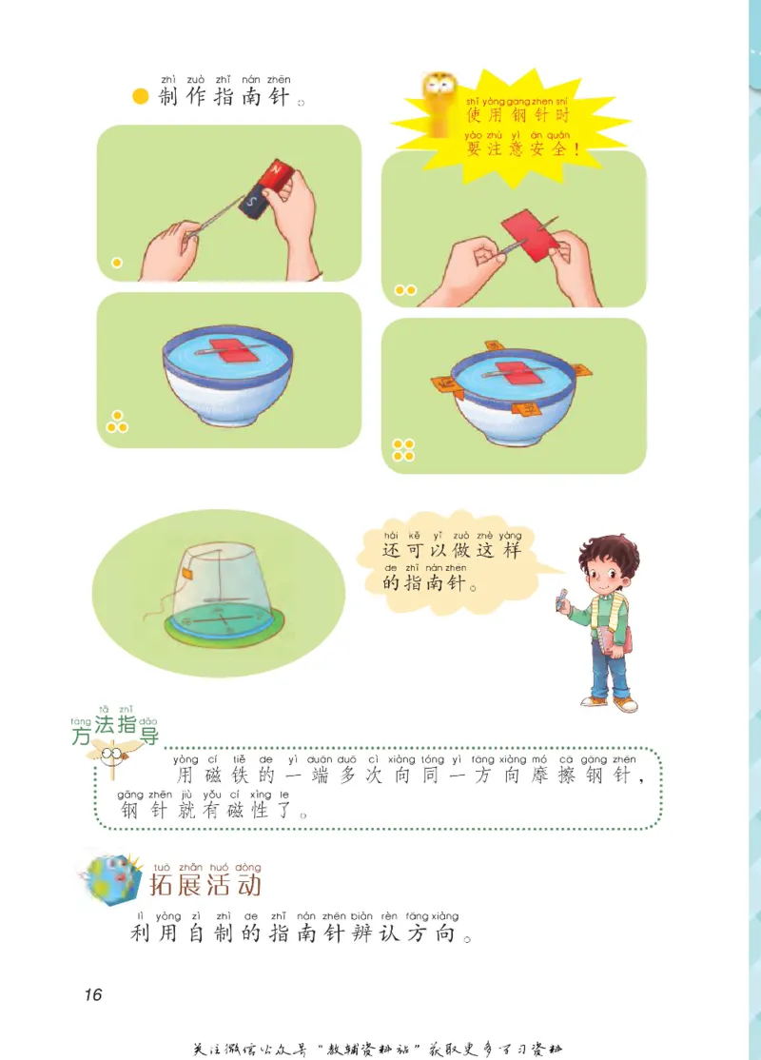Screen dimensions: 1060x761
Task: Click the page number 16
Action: (92, 994)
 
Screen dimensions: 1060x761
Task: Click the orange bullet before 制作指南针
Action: (141, 98)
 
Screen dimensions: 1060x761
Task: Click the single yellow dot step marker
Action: (117, 263)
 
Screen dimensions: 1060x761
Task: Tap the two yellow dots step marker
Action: (406, 289)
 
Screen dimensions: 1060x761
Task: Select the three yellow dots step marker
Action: (117, 422)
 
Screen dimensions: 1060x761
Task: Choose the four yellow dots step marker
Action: (403, 450)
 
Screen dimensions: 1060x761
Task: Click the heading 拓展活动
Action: (205, 885)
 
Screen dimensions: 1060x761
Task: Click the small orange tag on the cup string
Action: (188, 574)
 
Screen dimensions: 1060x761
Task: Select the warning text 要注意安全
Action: (522, 149)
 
